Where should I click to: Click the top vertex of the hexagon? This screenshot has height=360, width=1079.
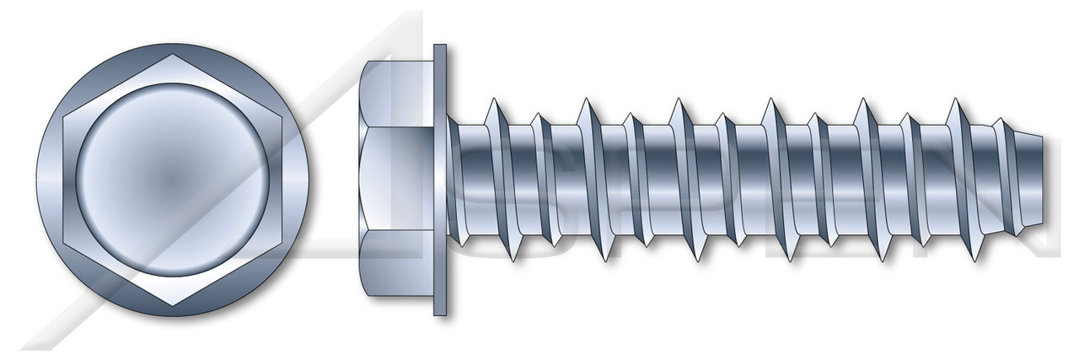pyautogui.click(x=174, y=55)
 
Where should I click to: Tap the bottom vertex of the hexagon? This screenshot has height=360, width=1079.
pyautogui.click(x=174, y=305)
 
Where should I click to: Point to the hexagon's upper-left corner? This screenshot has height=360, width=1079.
pyautogui.click(x=66, y=117)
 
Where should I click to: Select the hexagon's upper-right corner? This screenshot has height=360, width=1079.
pyautogui.click(x=282, y=117)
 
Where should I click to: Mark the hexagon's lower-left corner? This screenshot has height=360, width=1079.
pyautogui.click(x=66, y=243)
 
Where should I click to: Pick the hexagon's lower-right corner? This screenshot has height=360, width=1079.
pyautogui.click(x=282, y=243)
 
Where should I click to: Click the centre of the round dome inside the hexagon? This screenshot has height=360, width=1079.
pyautogui.click(x=174, y=180)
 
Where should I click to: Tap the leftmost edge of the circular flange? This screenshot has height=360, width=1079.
pyautogui.click(x=39, y=180)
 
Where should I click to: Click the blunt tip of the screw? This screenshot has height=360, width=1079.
pyautogui.click(x=1045, y=180)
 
